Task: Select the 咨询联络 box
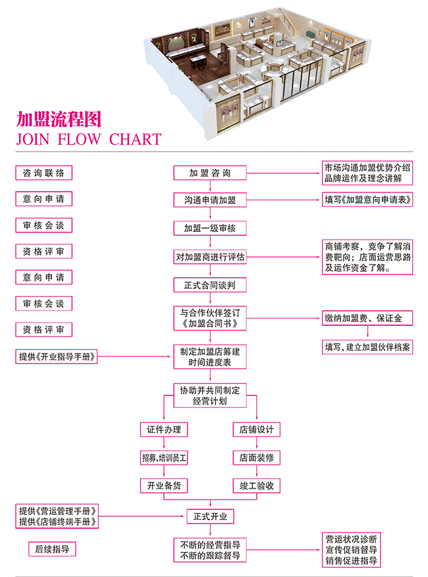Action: (44, 173)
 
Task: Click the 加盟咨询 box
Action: (210, 173)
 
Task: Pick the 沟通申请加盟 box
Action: (210, 200)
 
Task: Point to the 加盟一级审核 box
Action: (210, 228)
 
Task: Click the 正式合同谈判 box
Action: (210, 286)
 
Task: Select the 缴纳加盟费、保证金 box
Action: (367, 319)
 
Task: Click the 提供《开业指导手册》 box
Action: (58, 357)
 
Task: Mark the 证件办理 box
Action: (164, 430)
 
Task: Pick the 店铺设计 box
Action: (256, 430)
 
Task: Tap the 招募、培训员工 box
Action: (164, 457)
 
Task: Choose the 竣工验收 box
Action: (256, 486)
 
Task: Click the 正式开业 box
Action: (210, 516)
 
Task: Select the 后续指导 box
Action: (52, 549)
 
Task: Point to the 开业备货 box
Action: (164, 486)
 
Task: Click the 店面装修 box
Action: (256, 457)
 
